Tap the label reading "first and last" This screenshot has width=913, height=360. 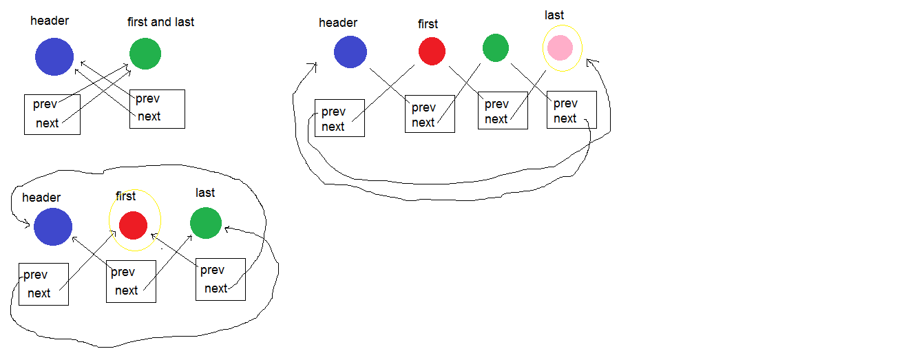[160, 22]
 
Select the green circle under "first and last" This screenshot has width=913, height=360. [145, 54]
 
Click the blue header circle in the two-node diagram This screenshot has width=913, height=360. [54, 56]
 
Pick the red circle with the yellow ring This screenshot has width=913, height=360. [133, 224]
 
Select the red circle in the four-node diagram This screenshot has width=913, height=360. [432, 51]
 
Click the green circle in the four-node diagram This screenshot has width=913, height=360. [495, 48]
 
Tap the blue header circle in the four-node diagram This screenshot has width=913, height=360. [350, 52]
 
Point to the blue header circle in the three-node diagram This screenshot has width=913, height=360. [53, 227]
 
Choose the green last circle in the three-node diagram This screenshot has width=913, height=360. [206, 223]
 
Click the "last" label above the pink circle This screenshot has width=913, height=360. [554, 15]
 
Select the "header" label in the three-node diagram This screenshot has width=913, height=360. [41, 198]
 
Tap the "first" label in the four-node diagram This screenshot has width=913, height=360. [428, 24]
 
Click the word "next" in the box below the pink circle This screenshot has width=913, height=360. [565, 118]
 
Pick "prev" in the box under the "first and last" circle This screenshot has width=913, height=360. [148, 99]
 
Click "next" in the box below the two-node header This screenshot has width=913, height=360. [48, 123]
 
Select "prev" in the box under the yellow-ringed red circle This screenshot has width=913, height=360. [123, 272]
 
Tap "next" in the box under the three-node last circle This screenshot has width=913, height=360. [216, 288]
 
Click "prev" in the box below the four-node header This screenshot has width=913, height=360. [333, 112]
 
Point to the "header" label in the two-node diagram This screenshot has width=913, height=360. [50, 21]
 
